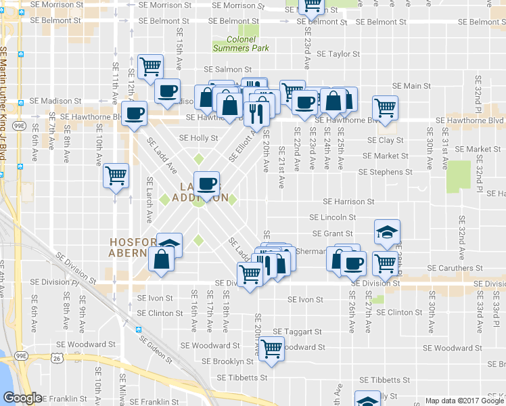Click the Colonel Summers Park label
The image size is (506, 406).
pyautogui.click(x=241, y=44)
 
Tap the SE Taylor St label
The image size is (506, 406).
pyautogui.click(x=338, y=53)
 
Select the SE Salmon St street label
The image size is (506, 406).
pyautogui.click(x=227, y=70)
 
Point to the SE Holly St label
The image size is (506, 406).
pyautogui.click(x=198, y=137)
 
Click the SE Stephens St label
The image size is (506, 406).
pyautogui.click(x=381, y=172)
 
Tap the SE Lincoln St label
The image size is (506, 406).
pyautogui.click(x=332, y=217)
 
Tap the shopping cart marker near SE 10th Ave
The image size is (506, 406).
pyautogui.click(x=116, y=176)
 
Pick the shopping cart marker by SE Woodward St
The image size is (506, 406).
pyautogui.click(x=272, y=348)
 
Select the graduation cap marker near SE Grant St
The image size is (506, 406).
pyautogui.click(x=387, y=232)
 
